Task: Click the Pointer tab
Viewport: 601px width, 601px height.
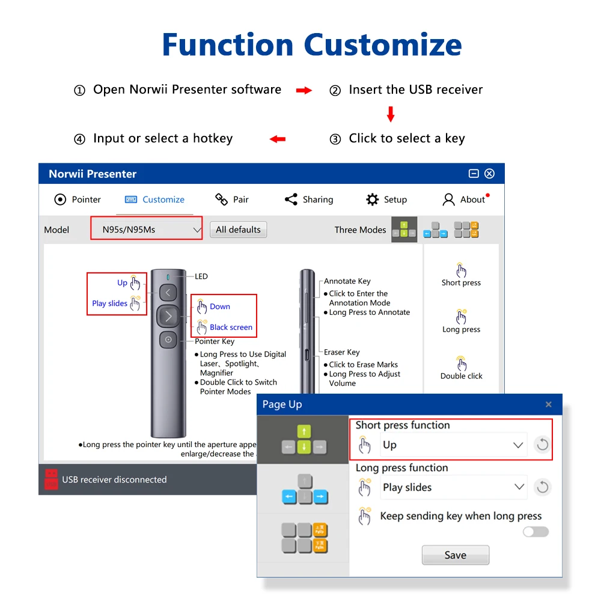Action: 78,200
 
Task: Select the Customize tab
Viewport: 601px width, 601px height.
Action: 154,200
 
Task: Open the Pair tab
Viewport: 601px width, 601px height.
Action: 232,200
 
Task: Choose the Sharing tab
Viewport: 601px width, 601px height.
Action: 309,200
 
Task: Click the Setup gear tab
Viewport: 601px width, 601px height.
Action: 386,200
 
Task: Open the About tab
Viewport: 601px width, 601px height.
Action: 465,200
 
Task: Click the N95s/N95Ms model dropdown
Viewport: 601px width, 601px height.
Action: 147,229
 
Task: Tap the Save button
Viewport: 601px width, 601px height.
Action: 455,555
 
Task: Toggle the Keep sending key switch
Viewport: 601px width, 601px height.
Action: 535,531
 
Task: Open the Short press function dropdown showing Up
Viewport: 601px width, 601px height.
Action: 453,445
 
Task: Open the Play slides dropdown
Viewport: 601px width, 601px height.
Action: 453,487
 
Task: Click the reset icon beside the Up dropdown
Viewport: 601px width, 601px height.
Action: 542,445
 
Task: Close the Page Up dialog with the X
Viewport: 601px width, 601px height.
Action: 548,404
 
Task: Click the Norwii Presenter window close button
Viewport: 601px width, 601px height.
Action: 489,174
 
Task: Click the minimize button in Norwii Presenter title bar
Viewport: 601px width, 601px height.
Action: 474,174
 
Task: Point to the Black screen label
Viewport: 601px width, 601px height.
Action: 231,328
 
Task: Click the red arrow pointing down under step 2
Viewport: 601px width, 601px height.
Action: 391,114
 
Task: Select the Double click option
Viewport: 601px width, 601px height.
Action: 461,368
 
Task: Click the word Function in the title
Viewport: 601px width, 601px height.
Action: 228,44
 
